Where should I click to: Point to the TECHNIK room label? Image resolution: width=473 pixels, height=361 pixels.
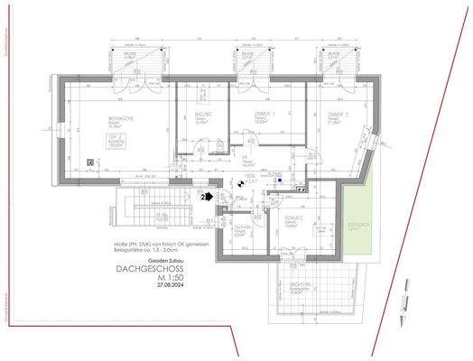click(x=241, y=228)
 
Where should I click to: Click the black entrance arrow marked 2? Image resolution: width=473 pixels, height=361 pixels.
click(x=207, y=194)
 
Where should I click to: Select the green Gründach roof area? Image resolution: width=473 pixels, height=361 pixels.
click(x=359, y=226)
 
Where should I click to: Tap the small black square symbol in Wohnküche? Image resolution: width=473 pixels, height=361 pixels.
click(x=89, y=160)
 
